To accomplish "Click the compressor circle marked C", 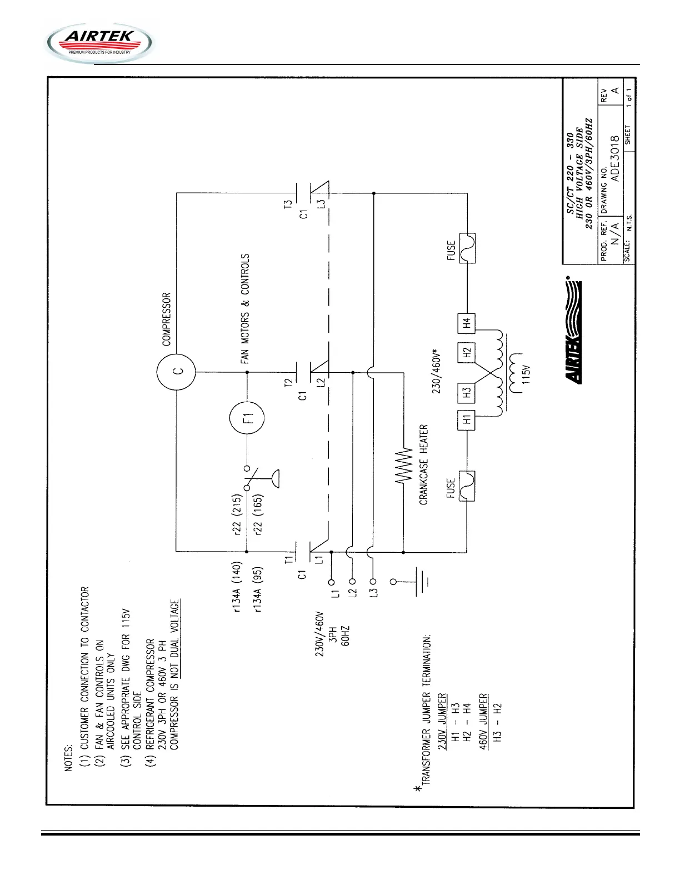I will [x=176, y=372].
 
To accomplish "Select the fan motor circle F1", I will [x=247, y=418].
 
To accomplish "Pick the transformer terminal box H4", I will [x=467, y=322].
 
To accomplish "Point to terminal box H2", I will [x=467, y=353].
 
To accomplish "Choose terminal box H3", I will [x=467, y=392].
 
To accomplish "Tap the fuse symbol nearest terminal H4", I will [x=467, y=248].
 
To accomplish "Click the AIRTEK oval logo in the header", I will [x=100, y=43].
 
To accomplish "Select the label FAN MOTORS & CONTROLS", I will [x=245, y=309].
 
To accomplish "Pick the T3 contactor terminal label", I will [x=288, y=204].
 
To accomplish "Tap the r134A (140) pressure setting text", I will [x=236, y=588].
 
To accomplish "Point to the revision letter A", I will [x=614, y=91].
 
